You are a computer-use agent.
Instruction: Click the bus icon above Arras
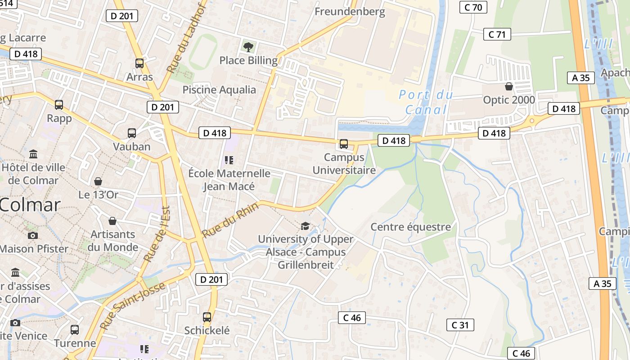(x=139, y=63)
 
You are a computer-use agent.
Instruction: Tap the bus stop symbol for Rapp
(x=59, y=105)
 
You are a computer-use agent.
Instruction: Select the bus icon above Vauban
(x=132, y=133)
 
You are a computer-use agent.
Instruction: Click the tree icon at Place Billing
(x=248, y=47)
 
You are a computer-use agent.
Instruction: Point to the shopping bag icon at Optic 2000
(x=509, y=86)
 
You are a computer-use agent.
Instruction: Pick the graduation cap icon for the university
(x=306, y=225)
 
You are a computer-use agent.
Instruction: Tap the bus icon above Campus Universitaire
(x=344, y=144)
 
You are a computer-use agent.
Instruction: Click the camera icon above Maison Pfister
(x=32, y=235)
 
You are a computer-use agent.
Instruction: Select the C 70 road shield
(x=473, y=7)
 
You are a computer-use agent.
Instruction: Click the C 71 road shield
(x=497, y=34)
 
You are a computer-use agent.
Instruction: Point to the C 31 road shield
(x=460, y=325)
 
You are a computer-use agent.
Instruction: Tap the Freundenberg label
(x=350, y=12)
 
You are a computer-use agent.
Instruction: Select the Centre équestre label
(x=410, y=227)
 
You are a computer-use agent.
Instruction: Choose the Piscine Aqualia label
(x=219, y=90)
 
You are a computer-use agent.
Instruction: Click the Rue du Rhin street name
(x=230, y=220)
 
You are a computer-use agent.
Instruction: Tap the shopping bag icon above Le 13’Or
(x=98, y=181)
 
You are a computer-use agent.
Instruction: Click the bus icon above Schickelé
(x=207, y=317)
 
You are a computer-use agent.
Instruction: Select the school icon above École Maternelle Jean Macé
(x=229, y=160)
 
